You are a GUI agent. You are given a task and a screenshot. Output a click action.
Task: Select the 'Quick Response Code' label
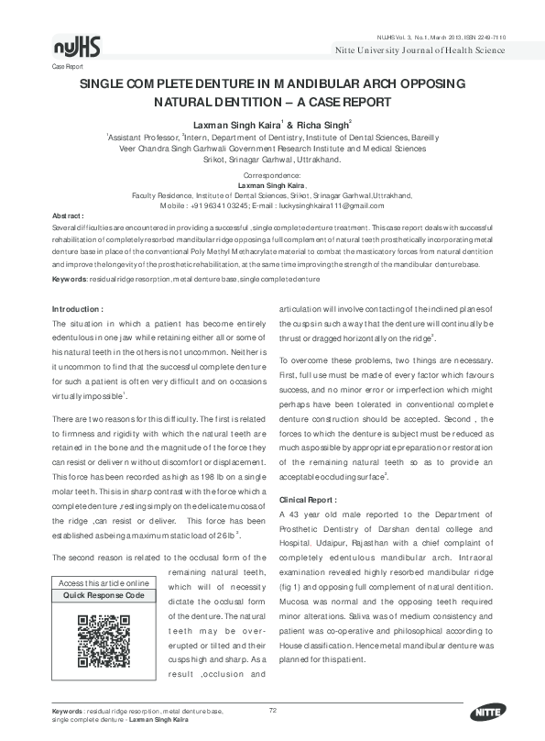(x=104, y=595)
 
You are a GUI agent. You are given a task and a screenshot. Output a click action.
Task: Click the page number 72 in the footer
(x=273, y=710)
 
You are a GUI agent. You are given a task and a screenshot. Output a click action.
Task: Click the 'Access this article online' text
(x=104, y=583)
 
